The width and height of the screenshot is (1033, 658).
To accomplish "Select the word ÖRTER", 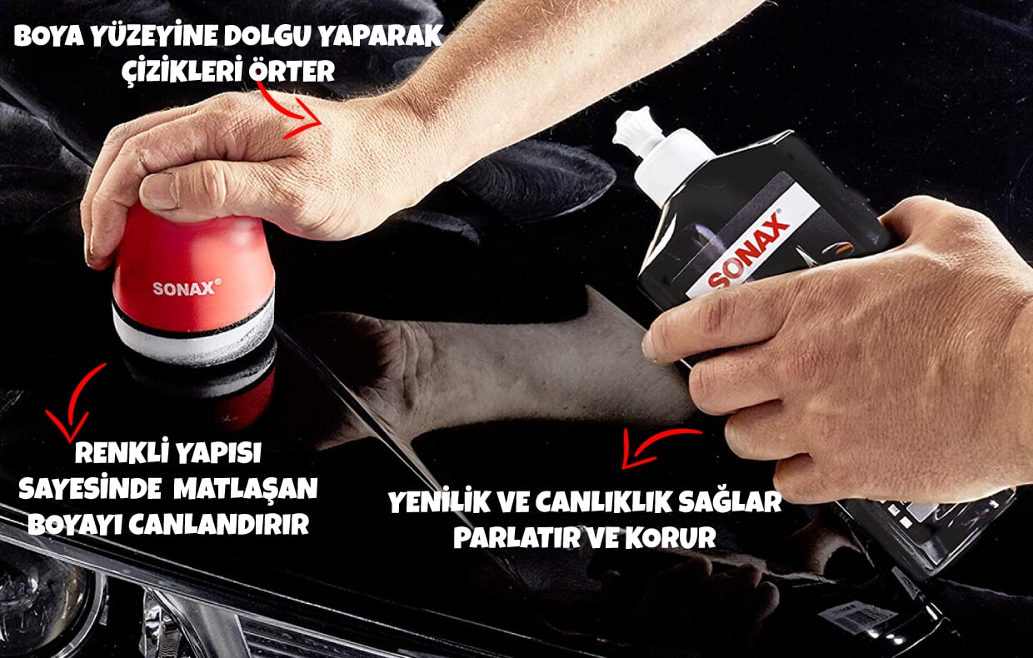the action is (292, 71).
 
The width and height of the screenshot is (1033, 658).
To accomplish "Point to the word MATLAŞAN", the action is (247, 489).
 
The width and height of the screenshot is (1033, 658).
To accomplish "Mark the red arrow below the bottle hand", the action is (655, 441).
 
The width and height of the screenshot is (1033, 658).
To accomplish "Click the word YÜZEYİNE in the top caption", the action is (157, 36).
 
